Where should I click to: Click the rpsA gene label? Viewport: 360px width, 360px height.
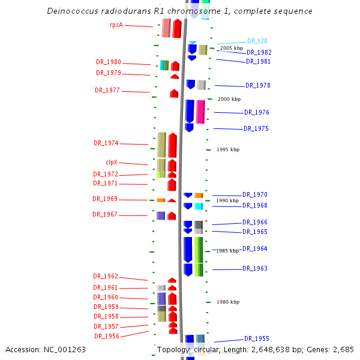pyautogui.click(x=116, y=25)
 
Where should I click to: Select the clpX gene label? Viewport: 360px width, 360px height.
pyautogui.click(x=112, y=162)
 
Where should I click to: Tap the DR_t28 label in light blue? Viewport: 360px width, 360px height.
pyautogui.click(x=257, y=41)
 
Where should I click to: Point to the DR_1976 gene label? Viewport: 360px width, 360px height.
pyautogui.click(x=257, y=112)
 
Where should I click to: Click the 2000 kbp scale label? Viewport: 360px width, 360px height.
pyautogui.click(x=229, y=99)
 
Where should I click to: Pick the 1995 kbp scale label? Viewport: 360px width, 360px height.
pyautogui.click(x=228, y=149)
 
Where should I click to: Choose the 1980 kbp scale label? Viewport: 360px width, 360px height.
pyautogui.click(x=228, y=302)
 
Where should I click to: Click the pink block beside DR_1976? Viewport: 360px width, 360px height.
pyautogui.click(x=200, y=112)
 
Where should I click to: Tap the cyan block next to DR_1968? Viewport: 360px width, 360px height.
pyautogui.click(x=199, y=206)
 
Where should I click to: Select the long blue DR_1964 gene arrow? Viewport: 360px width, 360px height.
pyautogui.click(x=188, y=250)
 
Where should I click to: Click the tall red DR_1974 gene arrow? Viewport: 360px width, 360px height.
pyautogui.click(x=172, y=145)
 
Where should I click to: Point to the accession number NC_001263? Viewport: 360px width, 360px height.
pyautogui.click(x=65, y=349)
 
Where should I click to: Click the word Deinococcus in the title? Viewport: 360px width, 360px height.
pyautogui.click(x=73, y=11)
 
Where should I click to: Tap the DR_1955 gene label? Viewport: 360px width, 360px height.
pyautogui.click(x=257, y=338)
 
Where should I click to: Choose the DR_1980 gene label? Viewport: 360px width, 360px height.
pyautogui.click(x=109, y=62)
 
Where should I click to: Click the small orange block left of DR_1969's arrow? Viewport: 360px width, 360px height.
pyautogui.click(x=161, y=200)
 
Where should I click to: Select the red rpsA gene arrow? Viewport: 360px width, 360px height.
pyautogui.click(x=177, y=28)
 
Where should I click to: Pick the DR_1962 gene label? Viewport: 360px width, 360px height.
pyautogui.click(x=106, y=276)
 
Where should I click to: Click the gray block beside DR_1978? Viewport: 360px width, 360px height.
pyautogui.click(x=202, y=85)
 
